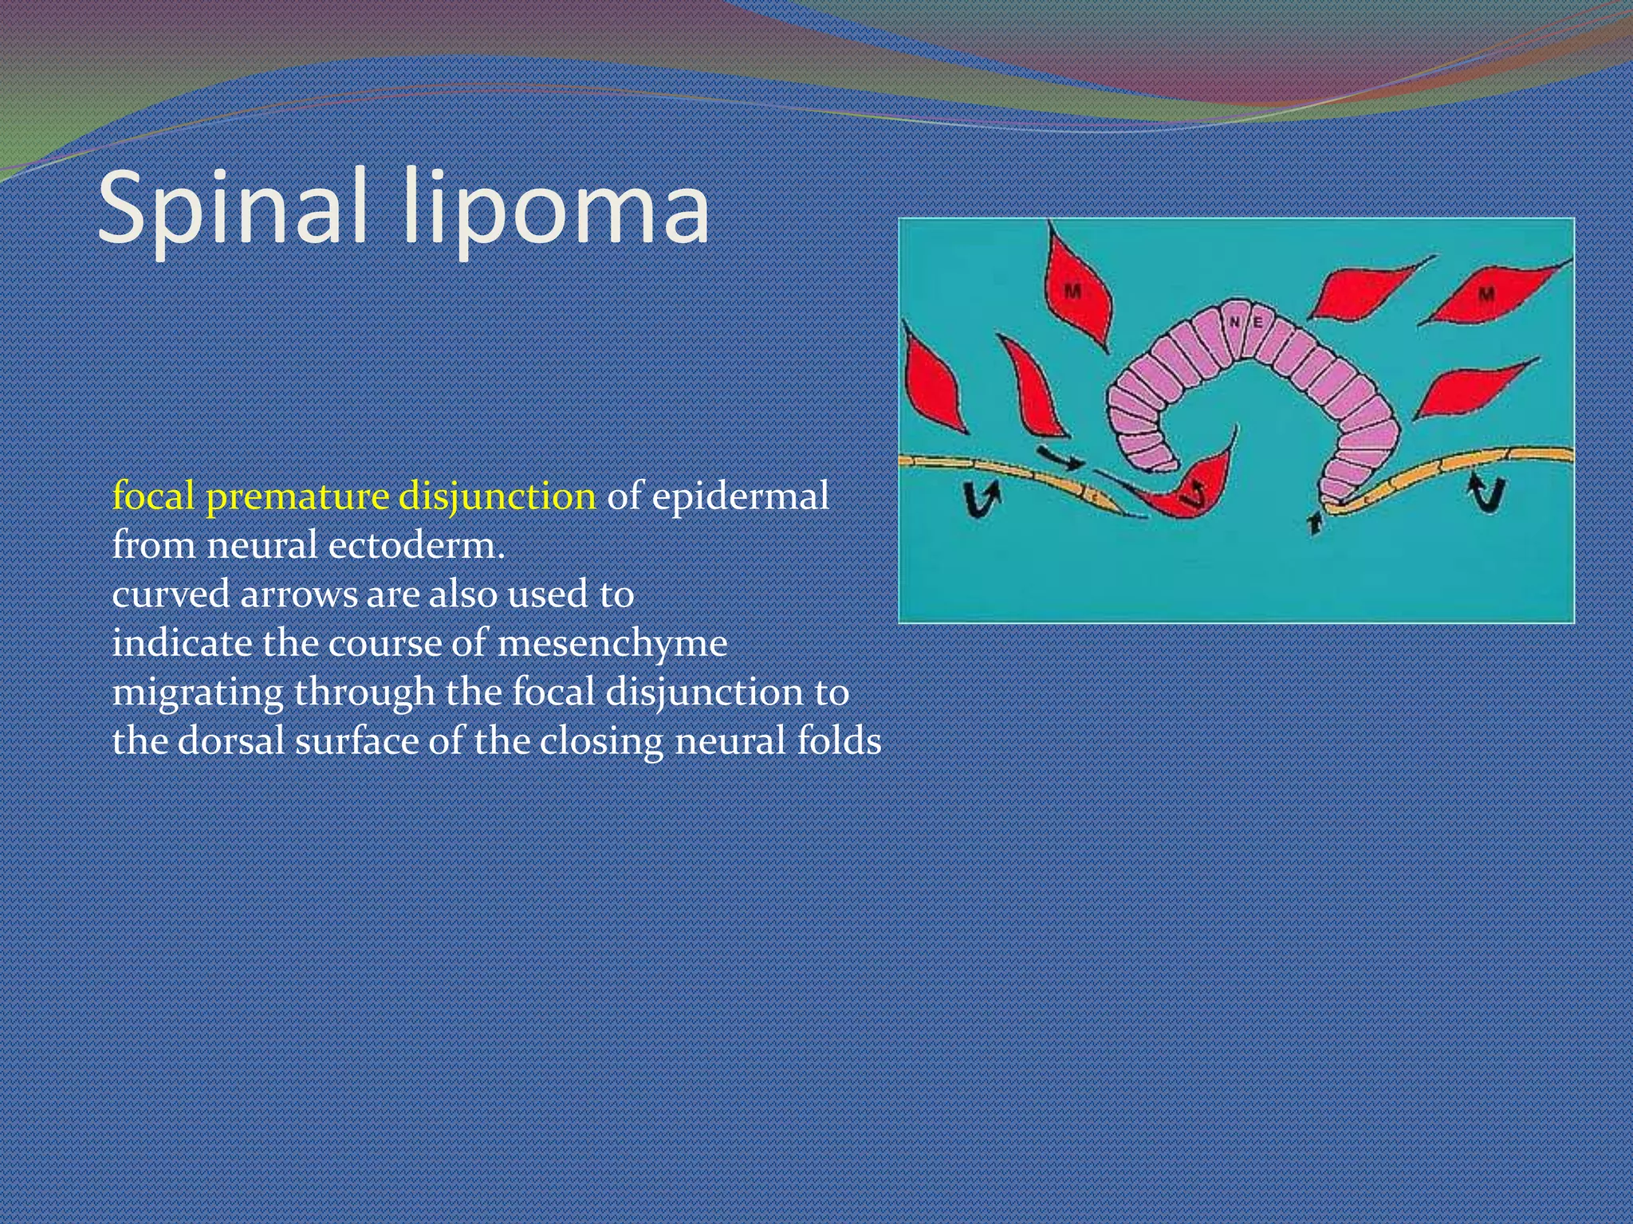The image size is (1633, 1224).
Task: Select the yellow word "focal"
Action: (x=153, y=496)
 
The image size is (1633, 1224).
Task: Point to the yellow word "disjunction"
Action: (x=497, y=497)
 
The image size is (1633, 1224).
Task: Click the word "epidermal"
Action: (x=740, y=497)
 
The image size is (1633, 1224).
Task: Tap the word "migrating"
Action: (x=197, y=692)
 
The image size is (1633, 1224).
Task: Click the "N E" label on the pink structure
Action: (x=1245, y=323)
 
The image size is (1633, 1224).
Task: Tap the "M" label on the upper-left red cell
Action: (x=1073, y=292)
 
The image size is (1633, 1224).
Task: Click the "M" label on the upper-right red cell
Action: (x=1486, y=295)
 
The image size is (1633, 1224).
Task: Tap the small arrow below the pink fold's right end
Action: (x=1315, y=523)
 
